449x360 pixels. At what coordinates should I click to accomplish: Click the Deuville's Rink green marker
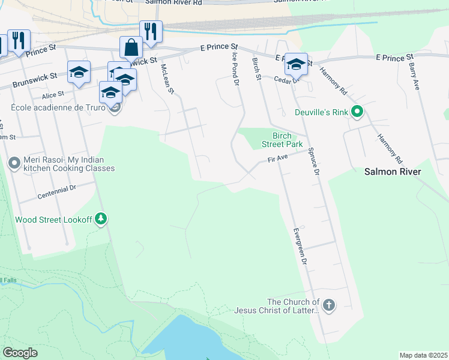coord(357,112)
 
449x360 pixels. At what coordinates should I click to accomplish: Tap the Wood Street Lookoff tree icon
coord(101,220)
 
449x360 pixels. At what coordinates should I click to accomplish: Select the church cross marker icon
coord(328,306)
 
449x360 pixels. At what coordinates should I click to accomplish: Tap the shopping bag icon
coord(131,47)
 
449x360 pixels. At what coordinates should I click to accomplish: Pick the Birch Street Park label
coord(282,140)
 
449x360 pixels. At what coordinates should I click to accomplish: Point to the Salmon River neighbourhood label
coord(393,172)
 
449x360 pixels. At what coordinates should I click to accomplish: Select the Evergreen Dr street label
coord(300,246)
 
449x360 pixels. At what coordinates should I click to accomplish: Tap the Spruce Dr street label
coord(312,160)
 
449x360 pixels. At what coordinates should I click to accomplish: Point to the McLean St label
coord(166,80)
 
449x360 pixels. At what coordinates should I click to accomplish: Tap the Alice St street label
coord(53,95)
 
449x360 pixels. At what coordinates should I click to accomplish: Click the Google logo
coord(20,353)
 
